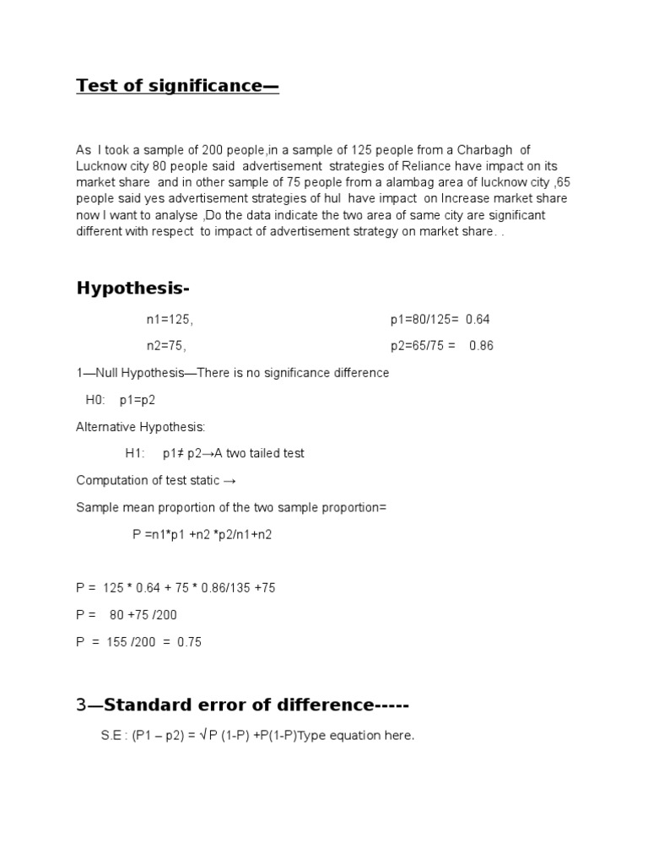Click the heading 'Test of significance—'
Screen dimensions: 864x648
pos(177,85)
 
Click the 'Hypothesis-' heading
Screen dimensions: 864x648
pos(133,289)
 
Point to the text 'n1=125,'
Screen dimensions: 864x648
pos(170,320)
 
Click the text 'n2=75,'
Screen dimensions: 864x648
pos(166,346)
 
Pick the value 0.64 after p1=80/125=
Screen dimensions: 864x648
pos(477,320)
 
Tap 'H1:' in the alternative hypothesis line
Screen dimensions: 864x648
pos(136,453)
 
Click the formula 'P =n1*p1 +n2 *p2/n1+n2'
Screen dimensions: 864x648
pos(202,534)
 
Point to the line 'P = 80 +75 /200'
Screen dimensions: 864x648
pos(127,615)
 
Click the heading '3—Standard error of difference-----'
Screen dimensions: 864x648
pos(236,705)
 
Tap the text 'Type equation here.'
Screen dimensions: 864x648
pos(360,736)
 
